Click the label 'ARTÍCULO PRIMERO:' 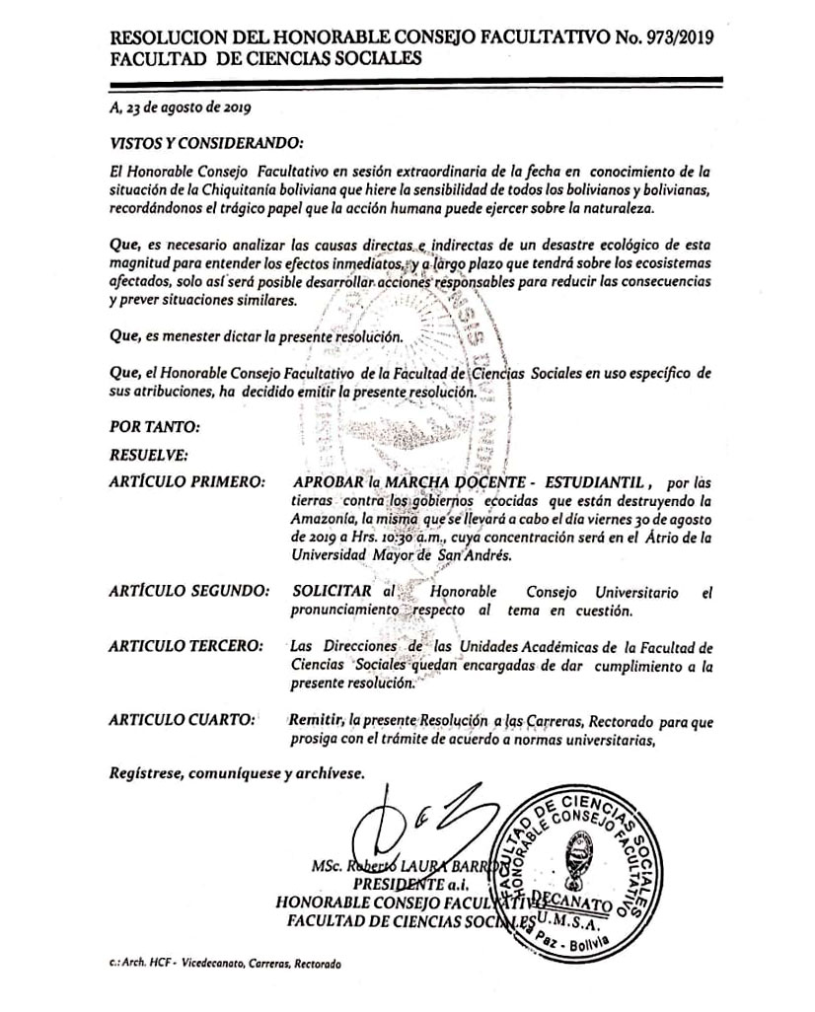point(187,483)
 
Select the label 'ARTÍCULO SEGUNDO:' point(188,593)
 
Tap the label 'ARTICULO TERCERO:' point(186,647)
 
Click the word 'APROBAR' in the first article point(330,483)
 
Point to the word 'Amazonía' point(325,520)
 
